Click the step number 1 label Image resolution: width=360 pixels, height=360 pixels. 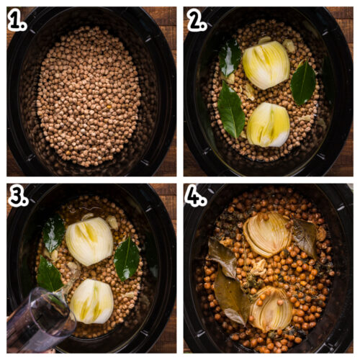click(x=17, y=22)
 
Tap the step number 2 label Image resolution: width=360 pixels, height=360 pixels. click(x=197, y=22)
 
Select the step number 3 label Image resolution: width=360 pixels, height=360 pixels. click(x=17, y=197)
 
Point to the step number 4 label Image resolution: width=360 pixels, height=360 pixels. click(x=197, y=197)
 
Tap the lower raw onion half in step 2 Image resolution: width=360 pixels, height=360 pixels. click(x=268, y=124)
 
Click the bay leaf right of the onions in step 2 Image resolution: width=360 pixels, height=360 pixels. click(x=303, y=83)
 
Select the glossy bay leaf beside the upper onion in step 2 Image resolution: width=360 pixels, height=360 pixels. click(x=230, y=58)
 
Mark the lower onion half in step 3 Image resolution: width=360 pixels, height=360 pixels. click(x=91, y=300)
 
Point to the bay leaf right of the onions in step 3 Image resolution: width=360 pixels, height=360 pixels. click(x=127, y=258)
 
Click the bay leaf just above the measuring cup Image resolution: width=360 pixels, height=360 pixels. click(x=49, y=276)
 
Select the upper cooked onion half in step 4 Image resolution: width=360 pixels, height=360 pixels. click(x=266, y=234)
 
